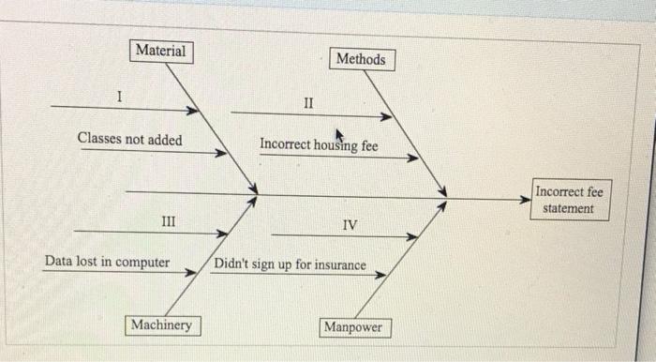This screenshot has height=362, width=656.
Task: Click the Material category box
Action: [x=161, y=51]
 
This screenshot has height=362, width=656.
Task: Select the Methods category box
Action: [x=361, y=59]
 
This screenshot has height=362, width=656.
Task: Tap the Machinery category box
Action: [x=160, y=324]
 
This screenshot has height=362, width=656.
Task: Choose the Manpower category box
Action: [x=354, y=327]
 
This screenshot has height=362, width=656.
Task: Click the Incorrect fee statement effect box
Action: [x=570, y=200]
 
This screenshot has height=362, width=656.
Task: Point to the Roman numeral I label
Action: [x=119, y=96]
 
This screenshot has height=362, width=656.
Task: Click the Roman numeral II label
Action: [x=310, y=101]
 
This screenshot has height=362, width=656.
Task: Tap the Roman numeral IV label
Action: [x=349, y=225]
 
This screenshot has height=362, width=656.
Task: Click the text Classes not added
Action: [x=129, y=140]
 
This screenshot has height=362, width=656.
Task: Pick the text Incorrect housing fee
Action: [x=319, y=145]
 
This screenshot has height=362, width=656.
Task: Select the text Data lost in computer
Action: [x=107, y=262]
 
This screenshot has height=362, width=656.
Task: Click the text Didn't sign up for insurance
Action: [x=291, y=265]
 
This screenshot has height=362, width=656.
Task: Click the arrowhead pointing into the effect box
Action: [x=526, y=199]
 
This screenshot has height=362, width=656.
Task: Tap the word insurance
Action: [x=339, y=265]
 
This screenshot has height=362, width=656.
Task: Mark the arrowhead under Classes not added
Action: [x=221, y=153]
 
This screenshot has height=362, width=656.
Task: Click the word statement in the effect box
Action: [x=568, y=208]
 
